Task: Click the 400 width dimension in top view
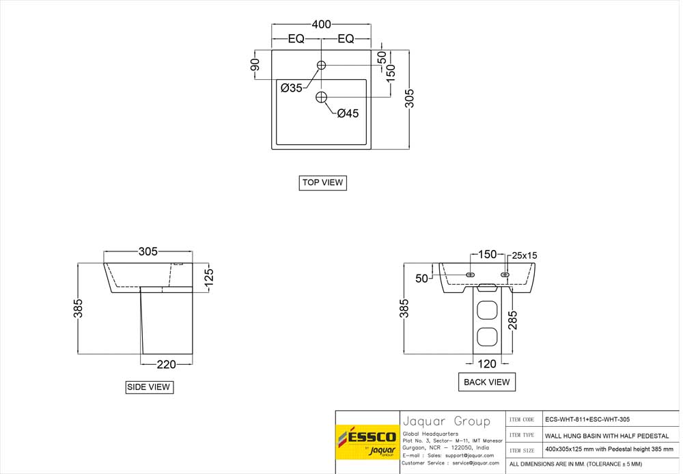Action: coord(321,25)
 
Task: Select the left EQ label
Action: coord(296,39)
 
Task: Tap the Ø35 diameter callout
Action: coord(292,87)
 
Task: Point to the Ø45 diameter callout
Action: coord(348,113)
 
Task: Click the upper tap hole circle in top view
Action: coord(321,65)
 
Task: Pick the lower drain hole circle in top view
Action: coord(322,98)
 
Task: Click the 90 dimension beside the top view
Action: coord(255,65)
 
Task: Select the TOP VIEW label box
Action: coord(322,183)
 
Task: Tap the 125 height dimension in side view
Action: coord(209,275)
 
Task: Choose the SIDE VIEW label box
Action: coord(149,387)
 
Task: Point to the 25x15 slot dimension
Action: coord(525,255)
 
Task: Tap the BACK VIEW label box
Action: coord(486,382)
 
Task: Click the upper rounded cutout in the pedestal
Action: coord(486,310)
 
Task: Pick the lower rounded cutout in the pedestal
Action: coord(486,338)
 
